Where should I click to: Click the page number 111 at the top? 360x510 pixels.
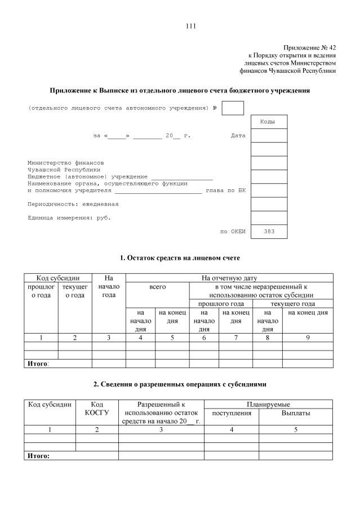point(190,26)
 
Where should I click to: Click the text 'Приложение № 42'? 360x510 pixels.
point(309,48)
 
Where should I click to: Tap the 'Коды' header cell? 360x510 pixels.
point(269,122)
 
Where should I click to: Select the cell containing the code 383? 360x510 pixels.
point(269,232)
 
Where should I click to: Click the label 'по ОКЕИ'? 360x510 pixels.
point(233,232)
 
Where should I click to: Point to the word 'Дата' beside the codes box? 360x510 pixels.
point(238,136)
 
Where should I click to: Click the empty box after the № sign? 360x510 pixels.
point(233,108)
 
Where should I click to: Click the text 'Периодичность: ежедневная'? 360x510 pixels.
point(73,204)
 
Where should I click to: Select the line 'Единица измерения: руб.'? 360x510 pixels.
point(69,218)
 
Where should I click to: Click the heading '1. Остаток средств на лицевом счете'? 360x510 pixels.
point(180,258)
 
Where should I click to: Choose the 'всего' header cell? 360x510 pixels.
point(158,287)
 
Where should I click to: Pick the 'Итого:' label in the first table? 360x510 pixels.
point(38,363)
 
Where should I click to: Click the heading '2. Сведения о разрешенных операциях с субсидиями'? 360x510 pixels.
point(180,384)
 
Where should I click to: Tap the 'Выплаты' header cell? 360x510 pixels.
point(296,413)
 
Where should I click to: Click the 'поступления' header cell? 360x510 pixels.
point(232,413)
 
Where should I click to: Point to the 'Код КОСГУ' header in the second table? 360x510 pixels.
point(97,409)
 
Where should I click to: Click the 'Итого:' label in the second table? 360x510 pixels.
point(38,455)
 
